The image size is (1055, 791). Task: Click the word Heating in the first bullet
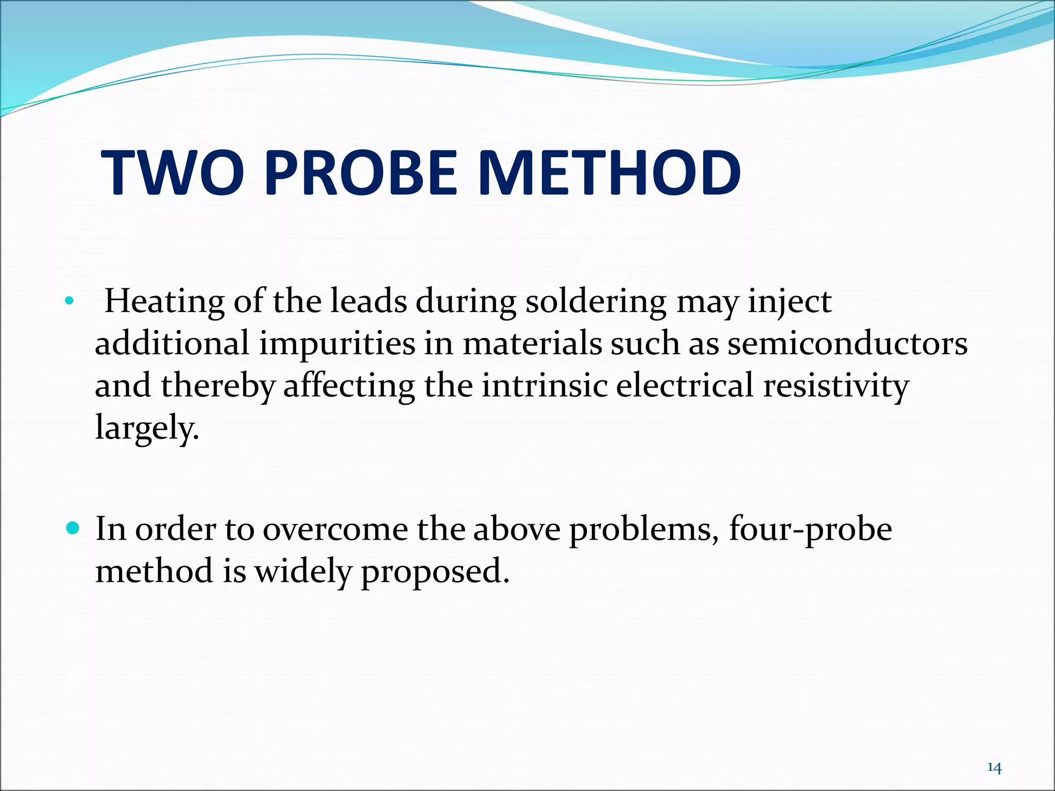(164, 302)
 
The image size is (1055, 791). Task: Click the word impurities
(337, 343)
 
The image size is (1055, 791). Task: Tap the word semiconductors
(847, 343)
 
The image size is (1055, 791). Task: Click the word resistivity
(836, 386)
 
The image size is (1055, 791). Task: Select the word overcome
(335, 529)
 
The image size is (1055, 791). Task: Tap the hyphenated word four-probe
(810, 530)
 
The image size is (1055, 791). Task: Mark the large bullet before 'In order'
(73, 528)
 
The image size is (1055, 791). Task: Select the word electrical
(685, 386)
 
